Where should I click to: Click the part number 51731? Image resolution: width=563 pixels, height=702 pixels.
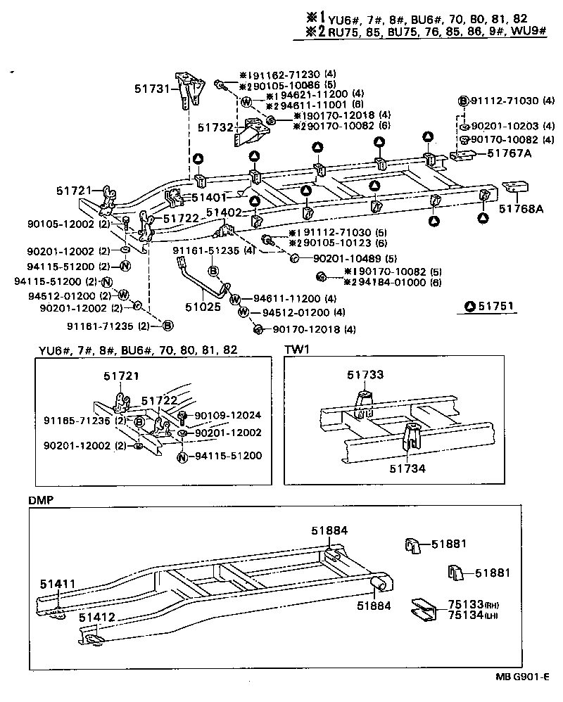[x=153, y=89]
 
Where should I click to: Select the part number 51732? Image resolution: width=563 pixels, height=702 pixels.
[x=215, y=127]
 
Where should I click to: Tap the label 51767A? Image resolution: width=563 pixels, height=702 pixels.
[x=505, y=153]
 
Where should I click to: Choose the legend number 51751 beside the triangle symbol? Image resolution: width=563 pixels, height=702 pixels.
[x=498, y=306]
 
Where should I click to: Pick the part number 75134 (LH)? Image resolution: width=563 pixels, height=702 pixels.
[x=463, y=615]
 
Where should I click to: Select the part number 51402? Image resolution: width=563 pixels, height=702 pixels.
[x=224, y=212]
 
